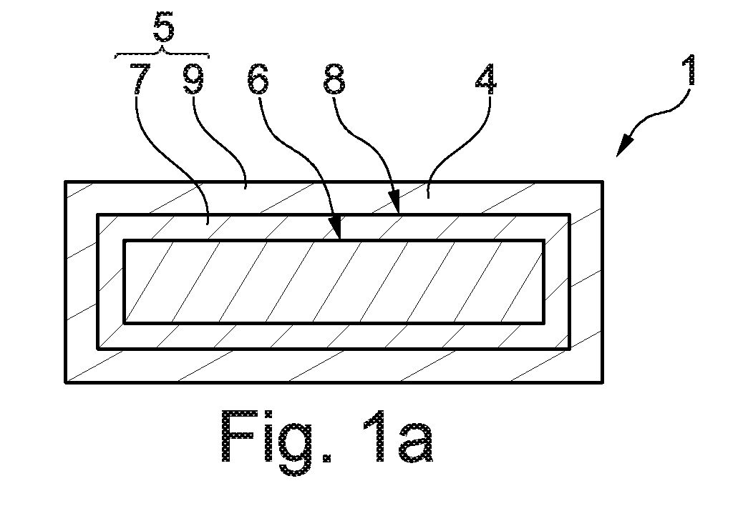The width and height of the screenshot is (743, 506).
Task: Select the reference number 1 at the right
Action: (691, 70)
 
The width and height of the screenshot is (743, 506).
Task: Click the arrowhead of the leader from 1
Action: (625, 146)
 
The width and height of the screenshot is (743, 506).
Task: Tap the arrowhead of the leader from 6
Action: (336, 229)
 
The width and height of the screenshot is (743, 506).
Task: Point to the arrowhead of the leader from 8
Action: (394, 202)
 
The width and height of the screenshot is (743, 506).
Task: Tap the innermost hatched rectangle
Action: (334, 282)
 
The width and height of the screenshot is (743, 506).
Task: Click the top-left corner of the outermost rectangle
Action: (65, 182)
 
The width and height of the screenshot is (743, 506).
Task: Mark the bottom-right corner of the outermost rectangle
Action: (603, 382)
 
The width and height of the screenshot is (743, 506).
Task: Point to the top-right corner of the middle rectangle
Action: (570, 215)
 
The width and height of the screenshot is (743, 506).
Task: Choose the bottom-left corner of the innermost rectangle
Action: (125, 324)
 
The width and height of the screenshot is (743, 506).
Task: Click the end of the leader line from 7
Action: (207, 224)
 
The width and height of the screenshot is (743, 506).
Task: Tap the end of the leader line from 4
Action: (428, 198)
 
